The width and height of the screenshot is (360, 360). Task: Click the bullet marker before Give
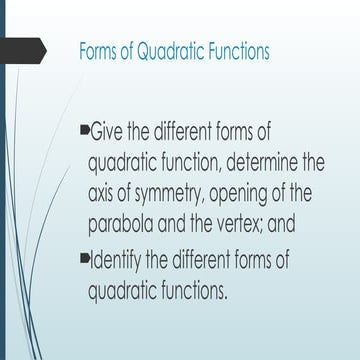tap(84, 130)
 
